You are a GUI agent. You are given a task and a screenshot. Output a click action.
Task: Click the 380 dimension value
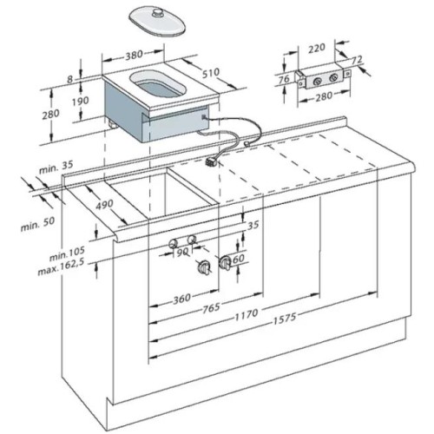pyautogui.click(x=132, y=55)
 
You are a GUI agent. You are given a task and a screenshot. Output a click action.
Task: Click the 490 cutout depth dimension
pyautogui.click(x=104, y=205)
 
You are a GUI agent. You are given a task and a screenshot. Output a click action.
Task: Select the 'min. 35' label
pyautogui.click(x=53, y=163)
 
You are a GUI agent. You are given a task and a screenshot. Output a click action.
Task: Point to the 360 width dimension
pyautogui.click(x=181, y=299)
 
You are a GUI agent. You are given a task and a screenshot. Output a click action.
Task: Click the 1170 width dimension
pyautogui.click(x=247, y=319)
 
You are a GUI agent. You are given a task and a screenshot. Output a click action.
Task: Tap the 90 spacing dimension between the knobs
pyautogui.click(x=181, y=253)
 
